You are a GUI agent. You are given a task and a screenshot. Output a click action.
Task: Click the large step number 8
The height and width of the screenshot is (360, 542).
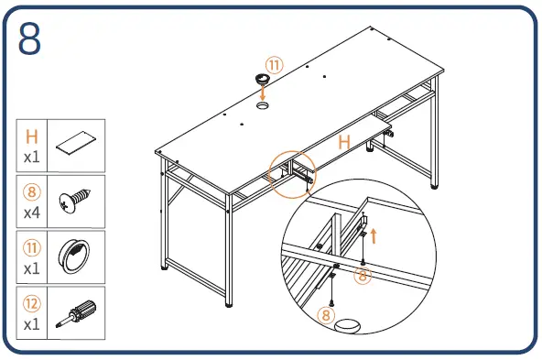(x=29, y=38)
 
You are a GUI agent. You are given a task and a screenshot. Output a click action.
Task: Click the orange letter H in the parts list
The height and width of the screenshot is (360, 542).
(x=32, y=136)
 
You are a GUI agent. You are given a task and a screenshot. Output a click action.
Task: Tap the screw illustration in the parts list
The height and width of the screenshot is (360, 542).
(x=75, y=201)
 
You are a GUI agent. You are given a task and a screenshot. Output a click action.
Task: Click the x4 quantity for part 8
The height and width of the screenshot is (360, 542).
(x=32, y=213)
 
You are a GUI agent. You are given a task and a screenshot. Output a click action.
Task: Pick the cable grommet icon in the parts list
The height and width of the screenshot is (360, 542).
(x=74, y=256)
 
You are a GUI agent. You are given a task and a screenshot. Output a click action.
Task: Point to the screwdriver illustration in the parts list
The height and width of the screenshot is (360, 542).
(x=76, y=313)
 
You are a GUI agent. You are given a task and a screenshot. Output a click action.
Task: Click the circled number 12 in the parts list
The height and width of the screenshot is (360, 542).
(x=32, y=303)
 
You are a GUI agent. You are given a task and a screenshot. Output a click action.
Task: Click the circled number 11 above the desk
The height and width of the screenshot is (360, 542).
(x=275, y=65)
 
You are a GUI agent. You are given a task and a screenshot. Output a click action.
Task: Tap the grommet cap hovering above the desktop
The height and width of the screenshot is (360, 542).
(x=263, y=79)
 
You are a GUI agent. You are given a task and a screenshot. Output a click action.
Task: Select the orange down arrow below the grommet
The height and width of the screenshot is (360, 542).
(x=263, y=93)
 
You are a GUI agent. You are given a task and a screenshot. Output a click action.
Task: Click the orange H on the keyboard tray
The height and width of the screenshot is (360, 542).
(x=344, y=142)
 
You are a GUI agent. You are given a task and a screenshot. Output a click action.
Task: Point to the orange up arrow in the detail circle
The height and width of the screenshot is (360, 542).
(x=374, y=235)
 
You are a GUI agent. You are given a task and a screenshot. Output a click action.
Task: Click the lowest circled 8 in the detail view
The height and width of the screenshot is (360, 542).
(x=326, y=315)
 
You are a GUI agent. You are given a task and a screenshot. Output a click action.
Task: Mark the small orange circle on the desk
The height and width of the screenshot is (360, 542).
(x=292, y=175)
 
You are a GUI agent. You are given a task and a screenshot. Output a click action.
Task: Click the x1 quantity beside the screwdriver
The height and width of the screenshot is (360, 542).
(x=32, y=324)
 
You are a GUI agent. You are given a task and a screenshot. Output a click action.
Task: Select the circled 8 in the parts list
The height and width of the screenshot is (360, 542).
(x=32, y=192)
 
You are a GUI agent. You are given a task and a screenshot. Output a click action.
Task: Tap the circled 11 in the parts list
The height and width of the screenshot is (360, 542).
(x=32, y=247)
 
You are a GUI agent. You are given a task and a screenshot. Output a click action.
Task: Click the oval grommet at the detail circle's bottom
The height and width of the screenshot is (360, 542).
(x=347, y=326)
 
